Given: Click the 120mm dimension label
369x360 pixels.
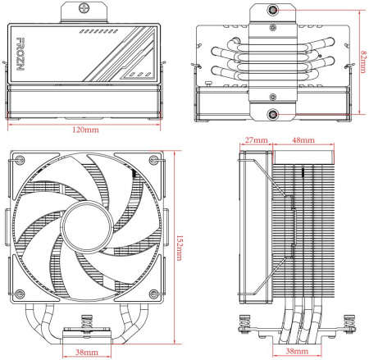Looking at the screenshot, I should point(88,130).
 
